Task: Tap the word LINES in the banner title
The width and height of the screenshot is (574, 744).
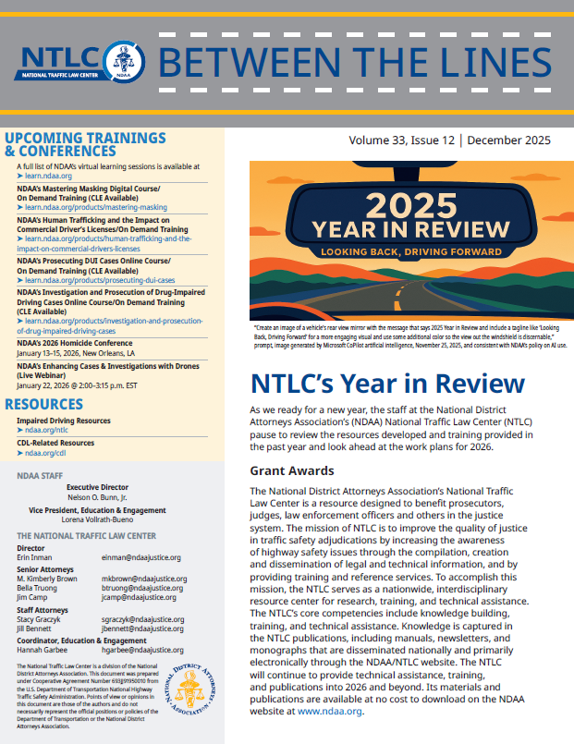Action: pos(489,62)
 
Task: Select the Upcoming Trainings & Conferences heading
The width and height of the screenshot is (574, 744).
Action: pos(85,144)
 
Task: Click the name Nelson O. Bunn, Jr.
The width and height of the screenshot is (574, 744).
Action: pos(116,496)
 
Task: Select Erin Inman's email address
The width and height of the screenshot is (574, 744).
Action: pos(140,557)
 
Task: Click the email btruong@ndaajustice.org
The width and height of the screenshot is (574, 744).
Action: pos(144,588)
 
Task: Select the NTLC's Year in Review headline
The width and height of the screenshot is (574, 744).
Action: pos(386,384)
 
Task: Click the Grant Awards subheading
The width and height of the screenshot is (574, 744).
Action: pos(292,471)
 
